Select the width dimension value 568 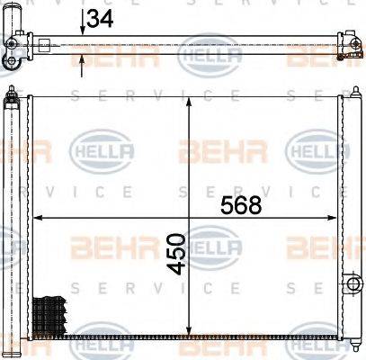(240, 205)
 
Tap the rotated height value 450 (176, 255)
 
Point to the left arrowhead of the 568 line (38, 219)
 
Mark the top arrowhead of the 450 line (188, 99)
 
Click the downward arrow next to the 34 (83, 29)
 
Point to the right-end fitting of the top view (345, 49)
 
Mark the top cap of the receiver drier (12, 93)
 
